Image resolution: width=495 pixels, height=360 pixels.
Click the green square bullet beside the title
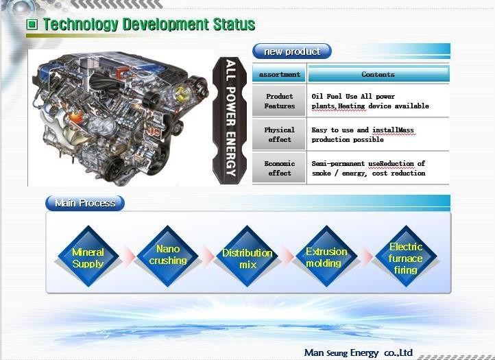coord(32,24)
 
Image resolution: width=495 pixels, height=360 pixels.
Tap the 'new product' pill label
coord(292,51)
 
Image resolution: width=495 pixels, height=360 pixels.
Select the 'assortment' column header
coord(280,74)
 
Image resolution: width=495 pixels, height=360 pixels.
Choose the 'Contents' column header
coord(378,74)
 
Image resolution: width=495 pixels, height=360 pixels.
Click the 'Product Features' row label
coord(280,101)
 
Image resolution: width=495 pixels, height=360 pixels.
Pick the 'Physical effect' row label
coord(280,134)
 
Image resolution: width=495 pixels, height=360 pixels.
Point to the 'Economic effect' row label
coord(280,168)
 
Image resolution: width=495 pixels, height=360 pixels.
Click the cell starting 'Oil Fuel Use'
coord(378,101)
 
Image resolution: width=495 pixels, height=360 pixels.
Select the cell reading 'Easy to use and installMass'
coord(378,134)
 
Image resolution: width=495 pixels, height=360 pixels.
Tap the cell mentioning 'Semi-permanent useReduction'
coord(378,168)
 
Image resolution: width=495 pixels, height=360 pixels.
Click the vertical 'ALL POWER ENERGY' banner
coord(230,120)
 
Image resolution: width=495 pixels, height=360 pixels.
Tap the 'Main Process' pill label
coord(85,203)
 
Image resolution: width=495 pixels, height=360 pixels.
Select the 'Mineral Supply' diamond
coord(88,256)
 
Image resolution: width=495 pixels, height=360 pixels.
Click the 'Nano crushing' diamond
coord(168,256)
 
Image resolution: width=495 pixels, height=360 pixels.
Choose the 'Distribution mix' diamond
coord(247,256)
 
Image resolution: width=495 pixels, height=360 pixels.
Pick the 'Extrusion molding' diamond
coord(326,256)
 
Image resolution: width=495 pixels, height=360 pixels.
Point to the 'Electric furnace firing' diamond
coord(406,256)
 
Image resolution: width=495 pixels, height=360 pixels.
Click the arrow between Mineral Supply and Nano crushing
coord(128,256)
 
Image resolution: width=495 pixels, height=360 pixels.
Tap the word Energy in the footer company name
coord(364,352)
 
